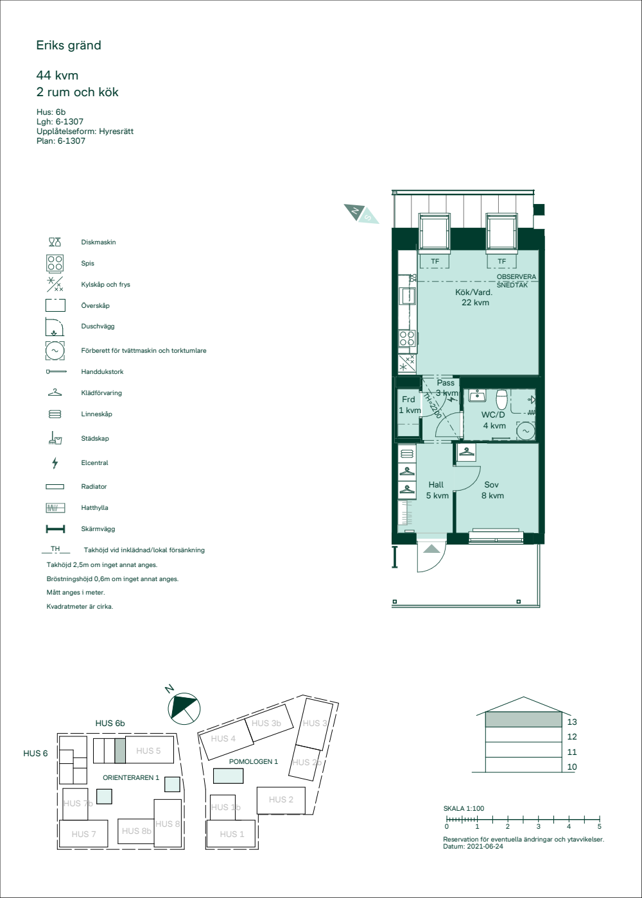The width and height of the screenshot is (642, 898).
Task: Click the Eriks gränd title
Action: click(69, 46)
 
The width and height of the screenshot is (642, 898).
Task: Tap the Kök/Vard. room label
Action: click(474, 292)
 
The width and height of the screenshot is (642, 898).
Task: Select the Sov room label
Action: click(491, 485)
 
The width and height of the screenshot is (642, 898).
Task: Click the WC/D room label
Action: click(493, 415)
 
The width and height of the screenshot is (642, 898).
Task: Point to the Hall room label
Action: click(436, 485)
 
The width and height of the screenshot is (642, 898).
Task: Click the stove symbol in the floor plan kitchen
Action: click(407, 338)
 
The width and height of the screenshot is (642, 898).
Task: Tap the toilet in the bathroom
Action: click(502, 398)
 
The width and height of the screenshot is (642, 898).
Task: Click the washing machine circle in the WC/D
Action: click(526, 431)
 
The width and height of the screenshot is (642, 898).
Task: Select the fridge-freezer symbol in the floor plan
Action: click(407, 363)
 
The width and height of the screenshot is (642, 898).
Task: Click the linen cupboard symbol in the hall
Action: click(407, 453)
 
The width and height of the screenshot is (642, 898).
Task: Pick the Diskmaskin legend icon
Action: click(55, 242)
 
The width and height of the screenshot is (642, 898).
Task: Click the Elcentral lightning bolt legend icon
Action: click(55, 463)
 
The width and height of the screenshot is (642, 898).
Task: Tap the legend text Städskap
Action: click(95, 439)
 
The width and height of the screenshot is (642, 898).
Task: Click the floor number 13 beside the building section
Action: click(572, 722)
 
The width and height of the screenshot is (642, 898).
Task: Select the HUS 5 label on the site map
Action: click(148, 751)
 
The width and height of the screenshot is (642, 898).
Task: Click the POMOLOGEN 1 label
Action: click(253, 762)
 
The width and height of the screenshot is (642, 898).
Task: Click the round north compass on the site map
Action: click(184, 709)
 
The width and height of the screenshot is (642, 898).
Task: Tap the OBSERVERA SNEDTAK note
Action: click(516, 281)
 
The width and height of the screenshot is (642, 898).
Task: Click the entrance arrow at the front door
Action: click(431, 549)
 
